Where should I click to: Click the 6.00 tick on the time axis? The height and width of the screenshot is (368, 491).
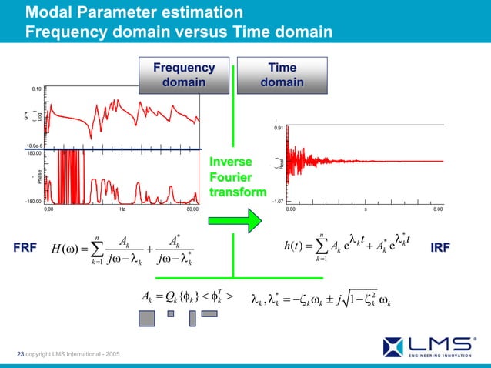click(x=436, y=209)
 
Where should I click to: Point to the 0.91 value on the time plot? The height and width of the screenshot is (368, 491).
click(x=279, y=128)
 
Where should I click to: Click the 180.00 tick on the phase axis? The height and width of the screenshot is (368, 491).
click(x=33, y=153)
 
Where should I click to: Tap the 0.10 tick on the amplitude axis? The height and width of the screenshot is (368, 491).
click(x=35, y=89)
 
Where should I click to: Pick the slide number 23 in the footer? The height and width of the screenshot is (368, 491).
click(x=20, y=353)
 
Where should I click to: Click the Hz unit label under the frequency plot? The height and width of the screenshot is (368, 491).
click(x=121, y=209)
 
